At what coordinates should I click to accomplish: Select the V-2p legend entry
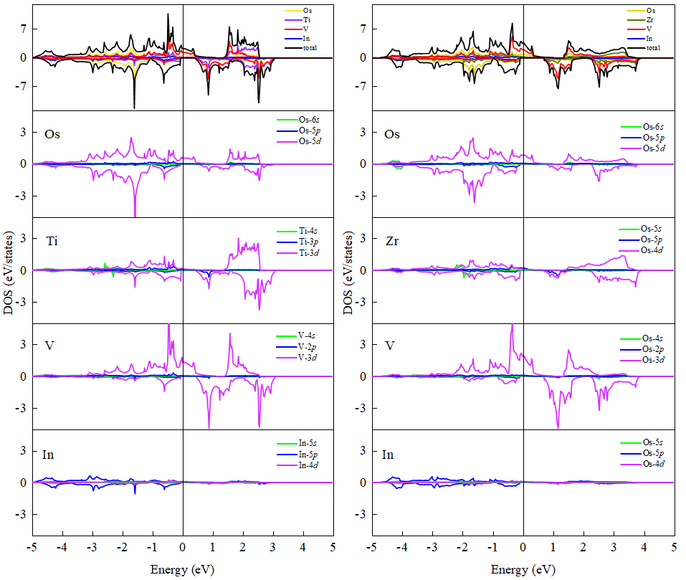pyautogui.click(x=309, y=346)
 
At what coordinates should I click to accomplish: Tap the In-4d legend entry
pyautogui.click(x=310, y=465)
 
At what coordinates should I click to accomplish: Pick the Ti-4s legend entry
pyautogui.click(x=310, y=231)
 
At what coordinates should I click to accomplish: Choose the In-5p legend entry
pyautogui.click(x=310, y=455)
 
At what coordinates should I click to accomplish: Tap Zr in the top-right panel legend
pyautogui.click(x=651, y=20)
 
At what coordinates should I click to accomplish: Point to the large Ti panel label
pyautogui.click(x=52, y=240)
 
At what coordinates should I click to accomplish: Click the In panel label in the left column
pyautogui.click(x=49, y=455)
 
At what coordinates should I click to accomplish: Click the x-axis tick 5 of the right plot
pyautogui.click(x=673, y=547)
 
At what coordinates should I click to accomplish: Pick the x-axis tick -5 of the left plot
pyautogui.click(x=32, y=547)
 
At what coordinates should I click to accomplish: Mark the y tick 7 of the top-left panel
pyautogui.click(x=23, y=29)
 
